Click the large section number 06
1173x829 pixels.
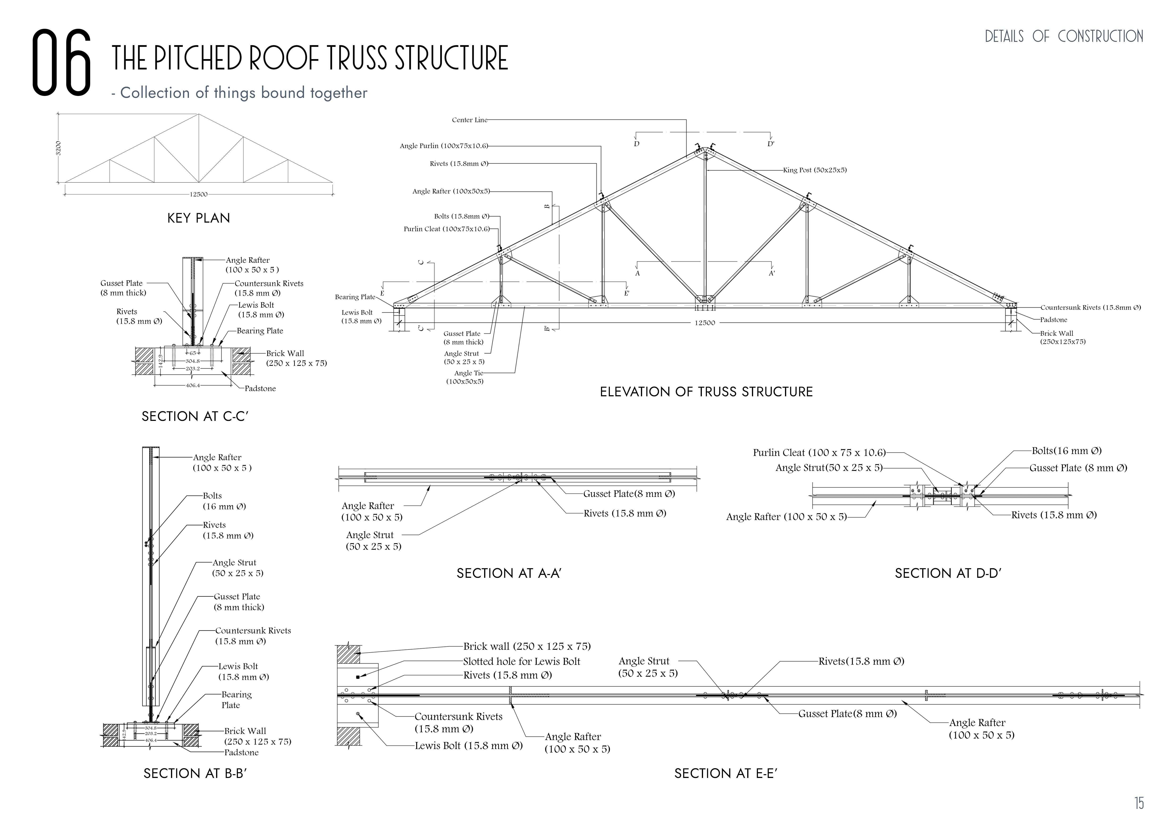(x=61, y=63)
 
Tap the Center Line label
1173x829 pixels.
(x=469, y=120)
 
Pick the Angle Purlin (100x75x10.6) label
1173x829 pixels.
(x=444, y=146)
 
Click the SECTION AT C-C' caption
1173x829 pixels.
(x=195, y=417)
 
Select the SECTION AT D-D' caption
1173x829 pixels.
(x=948, y=574)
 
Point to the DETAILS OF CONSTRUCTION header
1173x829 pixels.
(x=1064, y=36)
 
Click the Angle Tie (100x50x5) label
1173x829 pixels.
(x=465, y=377)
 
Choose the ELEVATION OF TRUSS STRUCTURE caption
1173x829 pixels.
(x=706, y=392)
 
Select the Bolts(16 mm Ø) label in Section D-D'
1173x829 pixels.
(x=1066, y=451)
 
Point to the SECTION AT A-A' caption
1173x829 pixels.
(x=509, y=574)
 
